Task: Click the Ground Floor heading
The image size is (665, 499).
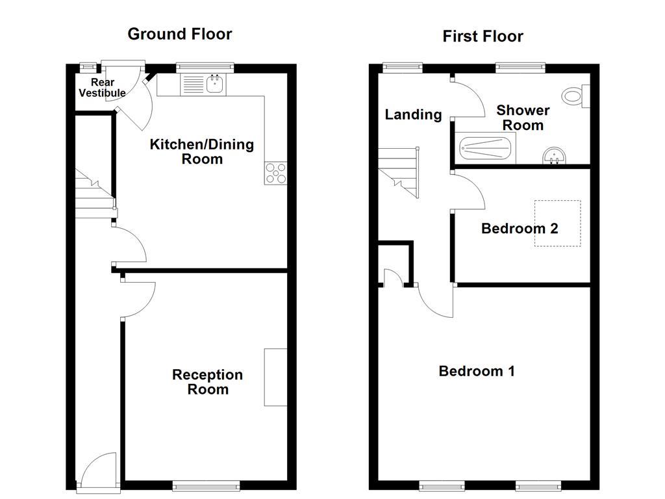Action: click(x=179, y=34)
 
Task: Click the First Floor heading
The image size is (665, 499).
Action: click(x=483, y=36)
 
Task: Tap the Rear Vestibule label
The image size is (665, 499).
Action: click(x=102, y=88)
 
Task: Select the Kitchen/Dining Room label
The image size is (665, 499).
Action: click(x=201, y=151)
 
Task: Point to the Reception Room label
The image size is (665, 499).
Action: click(x=208, y=382)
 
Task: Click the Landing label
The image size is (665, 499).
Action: click(x=413, y=115)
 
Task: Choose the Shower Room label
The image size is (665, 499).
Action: click(x=523, y=118)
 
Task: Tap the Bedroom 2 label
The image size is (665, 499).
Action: click(x=520, y=229)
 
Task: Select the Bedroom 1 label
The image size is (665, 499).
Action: click(x=477, y=371)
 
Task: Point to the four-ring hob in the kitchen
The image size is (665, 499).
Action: click(x=275, y=173)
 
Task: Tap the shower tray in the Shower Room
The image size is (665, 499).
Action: click(x=486, y=148)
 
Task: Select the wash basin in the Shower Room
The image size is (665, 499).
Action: click(x=555, y=156)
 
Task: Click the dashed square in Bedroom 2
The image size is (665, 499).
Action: click(x=557, y=224)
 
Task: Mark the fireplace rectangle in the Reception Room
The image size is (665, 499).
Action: click(x=275, y=377)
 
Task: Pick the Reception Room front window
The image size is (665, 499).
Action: click(x=206, y=485)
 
